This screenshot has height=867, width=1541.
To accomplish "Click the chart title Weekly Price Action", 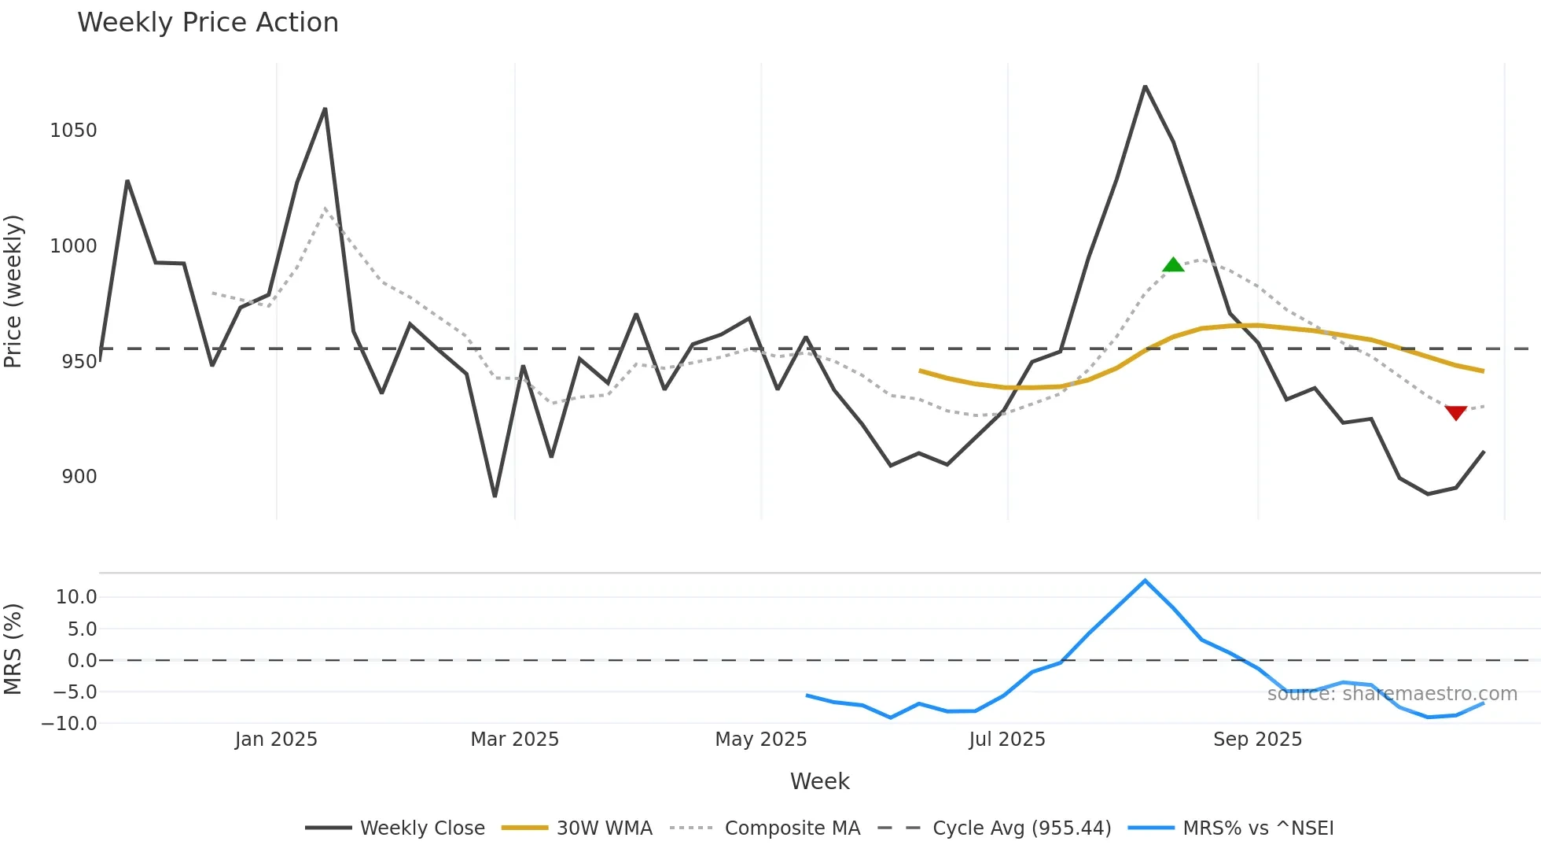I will click(208, 23).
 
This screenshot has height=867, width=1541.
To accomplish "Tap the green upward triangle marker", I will click(1173, 265).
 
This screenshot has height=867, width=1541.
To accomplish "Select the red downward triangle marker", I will click(1456, 412).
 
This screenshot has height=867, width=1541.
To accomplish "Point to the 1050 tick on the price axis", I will click(73, 131).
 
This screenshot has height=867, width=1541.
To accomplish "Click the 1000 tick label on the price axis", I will click(73, 246).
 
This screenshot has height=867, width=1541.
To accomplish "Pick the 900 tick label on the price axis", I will click(79, 477).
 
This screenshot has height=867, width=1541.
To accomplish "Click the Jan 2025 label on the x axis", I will click(276, 740).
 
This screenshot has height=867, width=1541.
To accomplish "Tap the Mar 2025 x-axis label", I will click(514, 740).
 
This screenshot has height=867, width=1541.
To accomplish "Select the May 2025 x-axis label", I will click(760, 740).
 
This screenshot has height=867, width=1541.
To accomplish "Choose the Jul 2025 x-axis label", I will click(1007, 740).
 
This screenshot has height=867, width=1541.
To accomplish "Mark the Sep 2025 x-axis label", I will click(1257, 740).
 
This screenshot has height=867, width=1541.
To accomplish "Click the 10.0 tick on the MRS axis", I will click(76, 597).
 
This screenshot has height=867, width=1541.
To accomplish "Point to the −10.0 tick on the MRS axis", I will click(69, 724).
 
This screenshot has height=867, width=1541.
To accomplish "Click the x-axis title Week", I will click(819, 781).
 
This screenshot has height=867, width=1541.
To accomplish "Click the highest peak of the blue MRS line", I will click(1145, 581).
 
